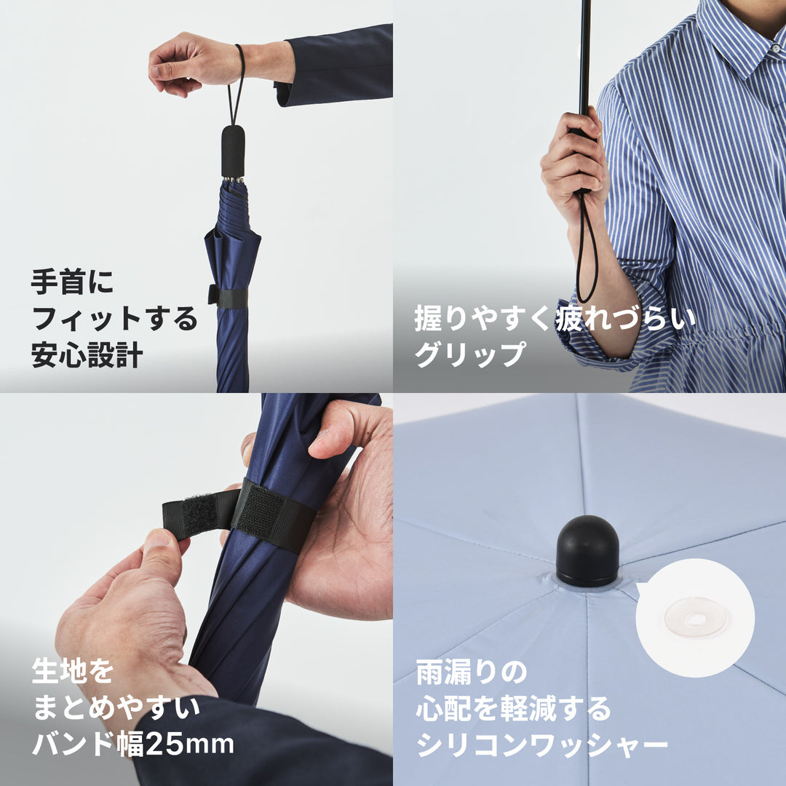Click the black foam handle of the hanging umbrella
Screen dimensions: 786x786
pyautogui.click(x=233, y=151)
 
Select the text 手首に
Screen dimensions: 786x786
pyautogui.click(x=73, y=282)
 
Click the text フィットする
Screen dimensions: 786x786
pyautogui.click(x=114, y=319)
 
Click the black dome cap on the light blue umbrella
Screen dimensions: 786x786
pyautogui.click(x=587, y=551)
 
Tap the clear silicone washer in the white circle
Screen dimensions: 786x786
pyautogui.click(x=696, y=618)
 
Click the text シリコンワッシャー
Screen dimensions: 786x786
pyautogui.click(x=541, y=744)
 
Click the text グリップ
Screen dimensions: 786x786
pyautogui.click(x=469, y=354)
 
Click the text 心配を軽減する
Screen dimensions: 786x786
pyautogui.click(x=513, y=708)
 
